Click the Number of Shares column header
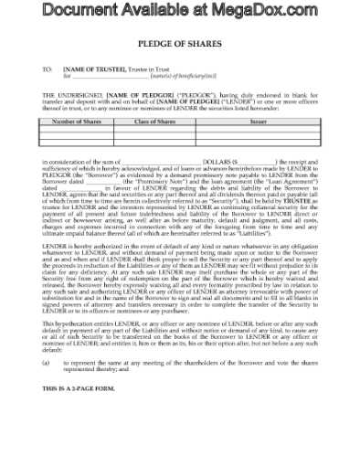(x=73, y=121)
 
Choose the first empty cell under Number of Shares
(x=73, y=129)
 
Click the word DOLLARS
(x=208, y=161)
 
